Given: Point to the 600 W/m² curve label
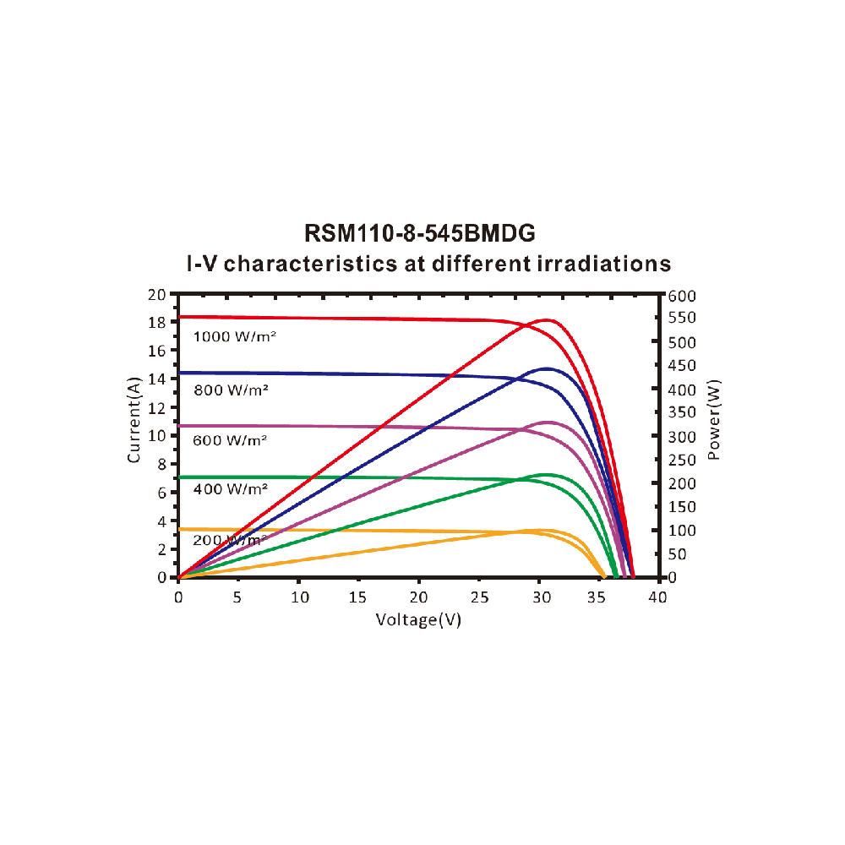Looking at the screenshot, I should (x=230, y=440).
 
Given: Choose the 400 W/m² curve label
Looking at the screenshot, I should (x=230, y=489).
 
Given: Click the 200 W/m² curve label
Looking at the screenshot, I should (x=230, y=540).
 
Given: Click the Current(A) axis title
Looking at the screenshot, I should (x=134, y=420).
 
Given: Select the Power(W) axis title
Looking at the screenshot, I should (x=714, y=420).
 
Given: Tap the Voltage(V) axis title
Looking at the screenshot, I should (x=419, y=619).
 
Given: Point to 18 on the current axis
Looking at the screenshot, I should (x=155, y=322).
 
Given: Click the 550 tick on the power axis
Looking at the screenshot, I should (x=680, y=318).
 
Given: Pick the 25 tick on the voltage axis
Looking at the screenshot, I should (x=479, y=597).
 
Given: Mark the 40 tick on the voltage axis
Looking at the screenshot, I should (x=657, y=597).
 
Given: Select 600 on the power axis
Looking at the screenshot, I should (x=680, y=295).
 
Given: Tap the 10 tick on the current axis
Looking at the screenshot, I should (x=155, y=435).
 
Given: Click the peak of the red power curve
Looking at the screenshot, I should (x=548, y=320).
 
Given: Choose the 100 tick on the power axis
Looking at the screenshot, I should (x=680, y=530).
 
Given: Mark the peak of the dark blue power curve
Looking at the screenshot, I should (x=547, y=368).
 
